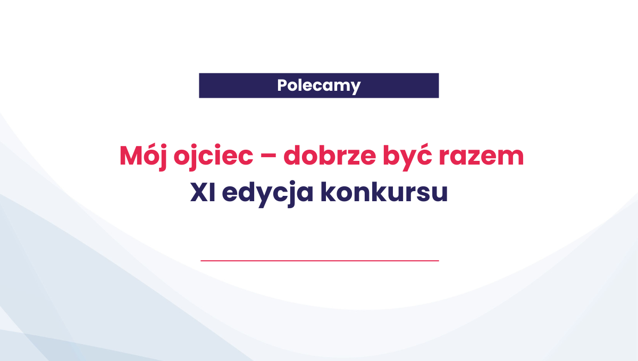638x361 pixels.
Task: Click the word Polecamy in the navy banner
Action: [318, 85]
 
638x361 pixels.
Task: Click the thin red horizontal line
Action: [320, 261]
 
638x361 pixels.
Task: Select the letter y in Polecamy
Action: [356, 88]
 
